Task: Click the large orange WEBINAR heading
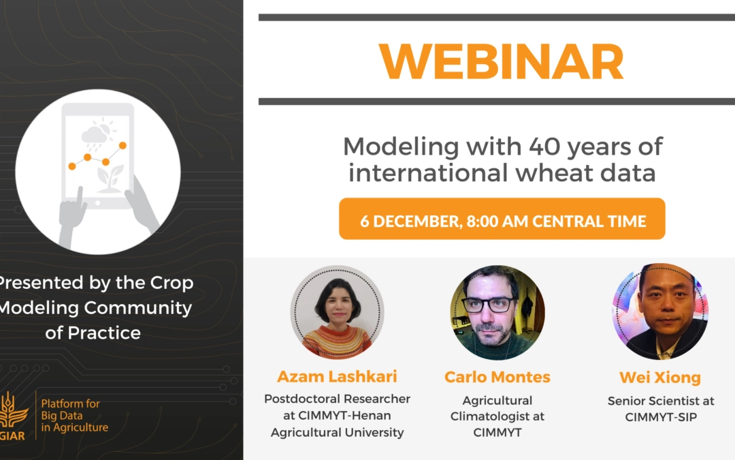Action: coord(501,61)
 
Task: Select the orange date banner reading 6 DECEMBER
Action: coord(502,219)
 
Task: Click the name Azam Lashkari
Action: coord(337,376)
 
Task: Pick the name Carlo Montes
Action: coord(497,377)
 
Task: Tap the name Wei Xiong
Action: coord(660,378)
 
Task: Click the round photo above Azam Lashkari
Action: coord(337,313)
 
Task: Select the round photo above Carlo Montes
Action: coord(497,313)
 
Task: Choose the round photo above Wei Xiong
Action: coord(660,311)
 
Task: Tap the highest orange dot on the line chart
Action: coord(122,146)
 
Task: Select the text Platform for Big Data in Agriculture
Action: coord(75,416)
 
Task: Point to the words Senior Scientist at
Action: coord(661,401)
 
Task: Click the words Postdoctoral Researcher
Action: coord(337,399)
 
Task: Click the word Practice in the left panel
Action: coord(104,333)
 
